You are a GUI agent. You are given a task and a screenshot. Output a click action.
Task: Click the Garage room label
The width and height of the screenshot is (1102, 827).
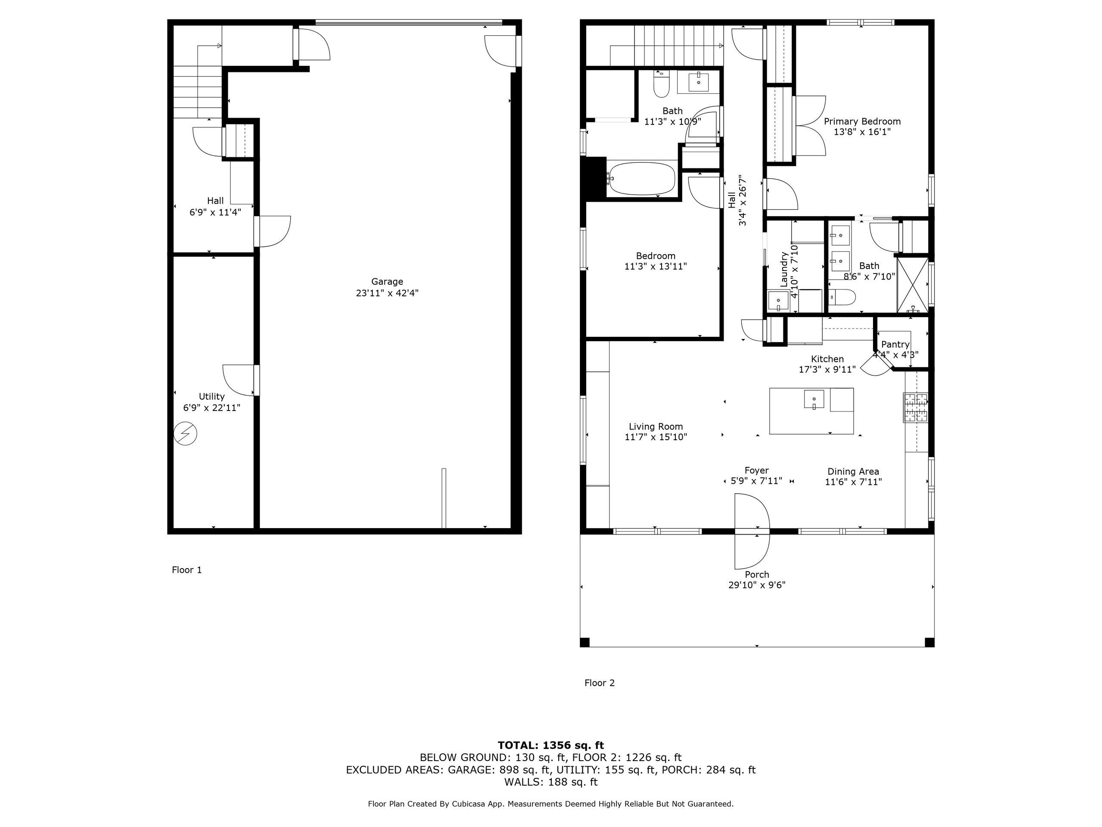point(387,282)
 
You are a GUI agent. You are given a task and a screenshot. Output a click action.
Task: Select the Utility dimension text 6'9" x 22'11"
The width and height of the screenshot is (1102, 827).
point(212,408)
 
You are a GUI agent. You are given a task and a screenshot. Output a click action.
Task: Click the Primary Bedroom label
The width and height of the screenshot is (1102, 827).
point(862,121)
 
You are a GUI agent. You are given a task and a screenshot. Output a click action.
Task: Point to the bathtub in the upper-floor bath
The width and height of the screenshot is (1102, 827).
point(642,178)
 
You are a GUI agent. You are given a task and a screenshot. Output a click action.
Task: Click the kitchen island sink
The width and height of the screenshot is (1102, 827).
point(814,399)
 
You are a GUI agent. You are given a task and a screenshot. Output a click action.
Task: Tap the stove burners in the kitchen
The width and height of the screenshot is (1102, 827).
point(916,408)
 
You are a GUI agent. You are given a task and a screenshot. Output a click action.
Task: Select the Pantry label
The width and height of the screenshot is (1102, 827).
point(895,345)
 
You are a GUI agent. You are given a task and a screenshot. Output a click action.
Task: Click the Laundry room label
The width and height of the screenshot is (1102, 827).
point(783,269)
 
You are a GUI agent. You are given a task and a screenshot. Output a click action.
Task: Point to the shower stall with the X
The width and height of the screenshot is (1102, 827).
point(913,285)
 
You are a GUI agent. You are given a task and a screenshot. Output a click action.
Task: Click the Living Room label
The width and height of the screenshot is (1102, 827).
point(656,427)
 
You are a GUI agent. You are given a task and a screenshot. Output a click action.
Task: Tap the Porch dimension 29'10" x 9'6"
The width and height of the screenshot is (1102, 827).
point(757,585)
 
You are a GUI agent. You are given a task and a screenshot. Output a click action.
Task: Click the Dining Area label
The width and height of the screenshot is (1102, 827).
point(853,472)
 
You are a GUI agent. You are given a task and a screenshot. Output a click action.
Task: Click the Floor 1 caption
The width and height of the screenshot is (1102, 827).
point(187,570)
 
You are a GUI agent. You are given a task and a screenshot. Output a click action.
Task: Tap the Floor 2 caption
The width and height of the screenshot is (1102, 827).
point(599,683)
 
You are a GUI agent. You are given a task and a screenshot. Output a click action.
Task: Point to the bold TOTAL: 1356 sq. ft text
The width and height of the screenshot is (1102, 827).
point(551,745)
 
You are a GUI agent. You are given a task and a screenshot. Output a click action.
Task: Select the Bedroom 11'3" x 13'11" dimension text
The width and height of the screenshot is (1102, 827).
point(655,267)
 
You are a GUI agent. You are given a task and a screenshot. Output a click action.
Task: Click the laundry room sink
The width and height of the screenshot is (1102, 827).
point(778,301)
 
